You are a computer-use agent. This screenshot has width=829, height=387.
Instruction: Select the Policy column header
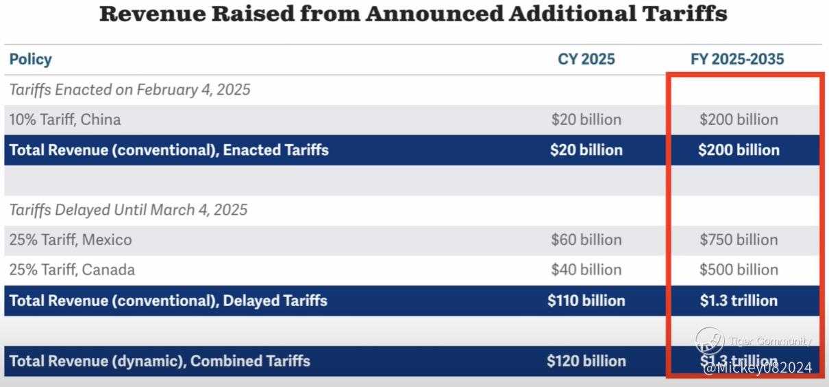click(30, 60)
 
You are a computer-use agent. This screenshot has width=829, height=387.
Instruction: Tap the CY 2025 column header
click(586, 60)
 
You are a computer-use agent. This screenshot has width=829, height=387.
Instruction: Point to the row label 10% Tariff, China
click(65, 119)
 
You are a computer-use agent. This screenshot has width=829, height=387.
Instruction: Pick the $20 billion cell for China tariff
click(586, 119)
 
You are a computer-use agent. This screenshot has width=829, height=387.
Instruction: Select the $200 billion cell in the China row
click(739, 119)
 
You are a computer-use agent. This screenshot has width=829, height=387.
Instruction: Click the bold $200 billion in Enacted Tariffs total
click(739, 150)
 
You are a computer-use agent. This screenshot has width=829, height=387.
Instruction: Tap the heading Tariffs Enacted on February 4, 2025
click(129, 89)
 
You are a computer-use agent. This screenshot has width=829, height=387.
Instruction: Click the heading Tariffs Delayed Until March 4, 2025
click(128, 210)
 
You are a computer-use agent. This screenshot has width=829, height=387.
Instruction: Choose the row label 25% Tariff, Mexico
click(71, 239)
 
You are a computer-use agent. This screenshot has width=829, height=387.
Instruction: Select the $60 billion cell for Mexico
click(586, 239)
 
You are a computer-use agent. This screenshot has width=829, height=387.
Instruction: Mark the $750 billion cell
click(739, 239)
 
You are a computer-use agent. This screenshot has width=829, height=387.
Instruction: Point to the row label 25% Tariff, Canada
click(72, 270)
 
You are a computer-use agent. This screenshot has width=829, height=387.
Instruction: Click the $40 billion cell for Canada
click(586, 270)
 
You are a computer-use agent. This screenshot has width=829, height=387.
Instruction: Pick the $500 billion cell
click(739, 270)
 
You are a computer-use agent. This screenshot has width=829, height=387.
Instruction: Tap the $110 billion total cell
click(586, 301)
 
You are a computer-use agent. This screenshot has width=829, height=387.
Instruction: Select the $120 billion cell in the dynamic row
click(586, 361)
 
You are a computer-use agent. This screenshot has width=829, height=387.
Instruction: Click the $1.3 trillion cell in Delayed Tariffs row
click(739, 301)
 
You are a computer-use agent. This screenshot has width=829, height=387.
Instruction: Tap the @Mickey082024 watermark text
click(757, 368)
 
